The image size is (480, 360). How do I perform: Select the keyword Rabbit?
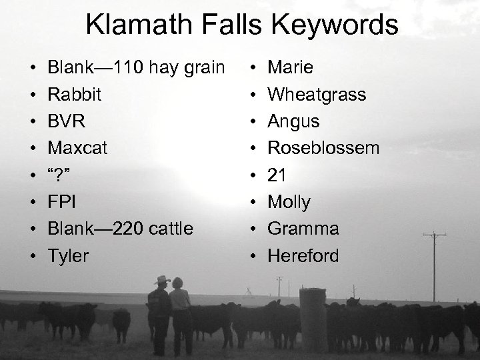click(75, 95)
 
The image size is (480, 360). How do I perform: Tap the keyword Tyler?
click(68, 255)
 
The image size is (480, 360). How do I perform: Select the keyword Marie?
click(290, 68)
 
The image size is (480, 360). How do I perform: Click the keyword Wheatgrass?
click(317, 95)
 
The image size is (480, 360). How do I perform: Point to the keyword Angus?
click(293, 122)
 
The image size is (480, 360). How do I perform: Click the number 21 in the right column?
click(277, 175)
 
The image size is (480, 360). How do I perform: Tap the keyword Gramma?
click(303, 229)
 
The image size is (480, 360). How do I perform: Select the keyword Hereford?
click(303, 255)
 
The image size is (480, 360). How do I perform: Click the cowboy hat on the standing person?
click(162, 280)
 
